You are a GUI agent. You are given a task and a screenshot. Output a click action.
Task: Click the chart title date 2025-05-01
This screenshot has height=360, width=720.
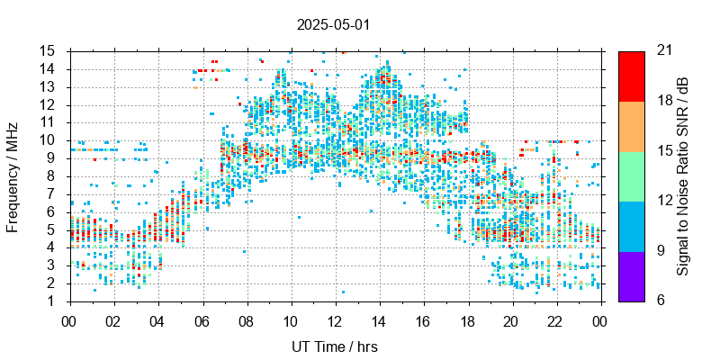point(333,25)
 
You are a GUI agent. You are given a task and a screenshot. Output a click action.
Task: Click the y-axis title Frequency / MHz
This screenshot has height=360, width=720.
point(13,175)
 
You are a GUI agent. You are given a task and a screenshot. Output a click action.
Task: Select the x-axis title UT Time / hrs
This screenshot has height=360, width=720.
point(335,346)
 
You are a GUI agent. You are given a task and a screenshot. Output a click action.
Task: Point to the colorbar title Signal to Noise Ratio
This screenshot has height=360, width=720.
point(683,175)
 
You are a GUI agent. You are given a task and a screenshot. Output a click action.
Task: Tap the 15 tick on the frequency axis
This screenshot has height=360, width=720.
point(49,50)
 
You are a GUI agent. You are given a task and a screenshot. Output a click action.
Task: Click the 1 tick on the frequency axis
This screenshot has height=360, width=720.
point(52,301)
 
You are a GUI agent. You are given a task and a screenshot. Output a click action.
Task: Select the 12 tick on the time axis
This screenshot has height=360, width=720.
point(335,319)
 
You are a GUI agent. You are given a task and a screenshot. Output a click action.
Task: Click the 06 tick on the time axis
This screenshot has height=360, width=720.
point(202,319)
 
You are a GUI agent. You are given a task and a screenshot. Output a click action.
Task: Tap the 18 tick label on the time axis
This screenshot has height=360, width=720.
point(468,319)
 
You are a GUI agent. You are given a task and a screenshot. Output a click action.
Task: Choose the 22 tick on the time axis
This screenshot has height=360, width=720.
point(556,319)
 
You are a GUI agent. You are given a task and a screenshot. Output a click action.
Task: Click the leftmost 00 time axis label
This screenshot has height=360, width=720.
point(69,319)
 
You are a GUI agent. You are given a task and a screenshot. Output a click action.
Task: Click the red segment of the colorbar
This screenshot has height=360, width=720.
point(631,76)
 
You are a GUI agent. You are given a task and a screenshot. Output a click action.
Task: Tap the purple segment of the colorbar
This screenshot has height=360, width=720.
point(631,275)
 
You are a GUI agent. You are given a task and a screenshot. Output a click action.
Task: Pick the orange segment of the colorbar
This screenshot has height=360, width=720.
point(631,125)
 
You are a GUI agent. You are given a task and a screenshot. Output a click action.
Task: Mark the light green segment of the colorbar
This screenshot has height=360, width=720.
point(631,175)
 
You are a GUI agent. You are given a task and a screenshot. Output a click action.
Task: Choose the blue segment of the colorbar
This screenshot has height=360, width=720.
point(631,225)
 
